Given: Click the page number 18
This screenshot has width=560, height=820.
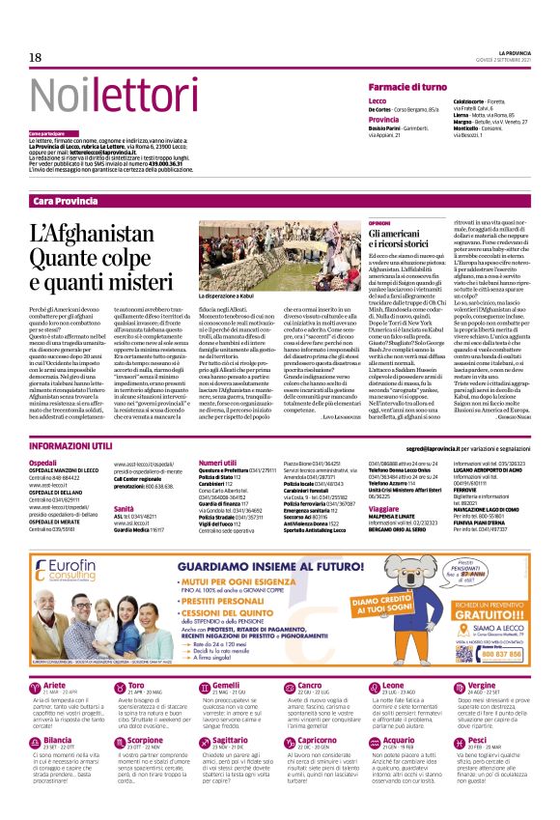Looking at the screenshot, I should tap(35, 57).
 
